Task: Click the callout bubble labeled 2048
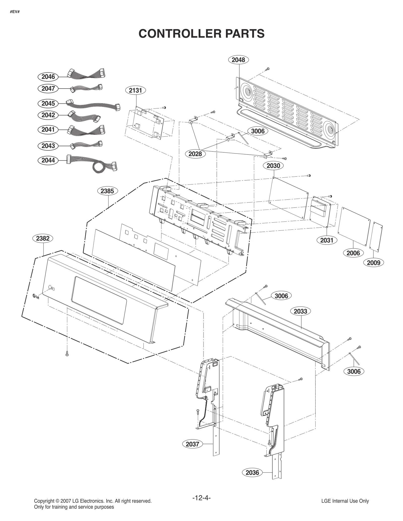point(238,60)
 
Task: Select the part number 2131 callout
point(136,90)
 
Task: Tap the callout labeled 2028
point(195,154)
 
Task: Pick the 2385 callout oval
point(107,191)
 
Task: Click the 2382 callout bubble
point(43,238)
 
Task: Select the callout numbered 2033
point(300,311)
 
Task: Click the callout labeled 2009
point(374,263)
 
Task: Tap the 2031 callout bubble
point(327,240)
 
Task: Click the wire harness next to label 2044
point(93,163)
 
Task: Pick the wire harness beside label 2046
point(86,74)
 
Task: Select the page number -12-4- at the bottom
point(201,498)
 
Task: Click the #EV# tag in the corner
point(15,12)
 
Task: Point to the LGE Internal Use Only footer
point(345,501)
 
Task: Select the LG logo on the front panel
point(36,296)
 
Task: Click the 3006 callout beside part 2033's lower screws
point(354,371)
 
